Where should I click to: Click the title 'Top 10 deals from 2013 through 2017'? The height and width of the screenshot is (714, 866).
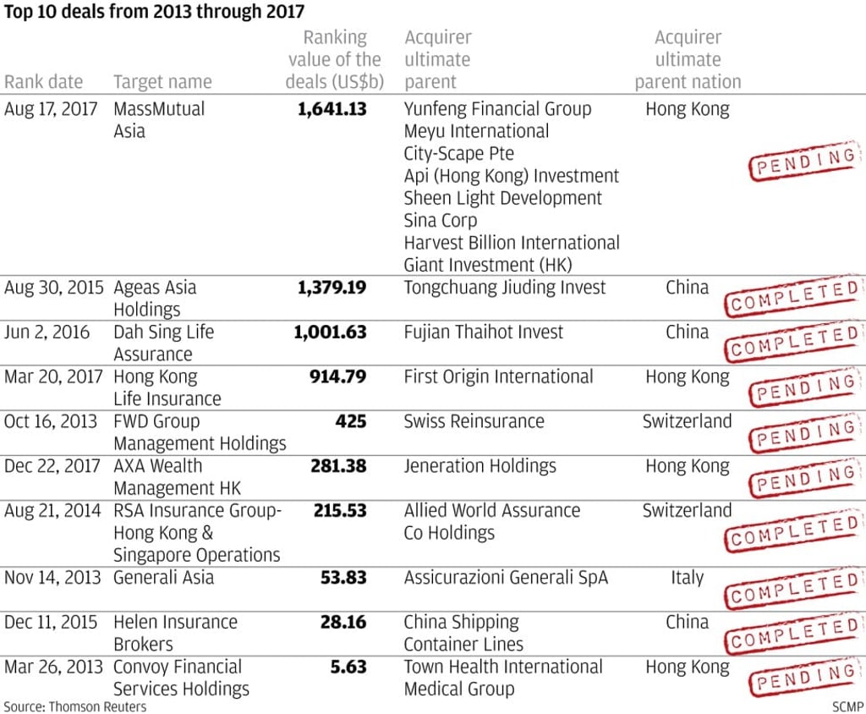(x=154, y=12)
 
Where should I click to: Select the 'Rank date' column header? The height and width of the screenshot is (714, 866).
(x=44, y=82)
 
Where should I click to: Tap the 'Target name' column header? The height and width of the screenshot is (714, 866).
(x=162, y=82)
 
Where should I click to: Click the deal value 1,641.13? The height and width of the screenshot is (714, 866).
(x=332, y=109)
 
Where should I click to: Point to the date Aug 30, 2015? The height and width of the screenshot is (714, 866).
(x=52, y=288)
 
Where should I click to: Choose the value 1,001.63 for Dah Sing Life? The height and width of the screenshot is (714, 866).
(x=330, y=332)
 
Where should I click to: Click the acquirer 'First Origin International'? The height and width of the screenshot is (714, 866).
(x=498, y=376)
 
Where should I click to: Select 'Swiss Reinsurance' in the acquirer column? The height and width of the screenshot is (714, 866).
(x=474, y=421)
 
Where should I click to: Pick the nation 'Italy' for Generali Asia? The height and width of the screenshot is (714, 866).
(x=687, y=578)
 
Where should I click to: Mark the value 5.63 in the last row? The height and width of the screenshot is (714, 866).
(x=348, y=667)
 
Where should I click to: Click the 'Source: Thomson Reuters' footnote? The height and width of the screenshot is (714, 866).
(x=75, y=706)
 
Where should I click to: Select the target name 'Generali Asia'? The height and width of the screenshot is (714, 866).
(x=163, y=578)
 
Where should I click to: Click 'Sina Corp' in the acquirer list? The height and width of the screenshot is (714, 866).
(x=441, y=221)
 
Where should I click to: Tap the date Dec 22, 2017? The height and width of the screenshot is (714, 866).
(x=52, y=466)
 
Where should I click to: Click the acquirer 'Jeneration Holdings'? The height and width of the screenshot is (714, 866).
(x=480, y=466)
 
